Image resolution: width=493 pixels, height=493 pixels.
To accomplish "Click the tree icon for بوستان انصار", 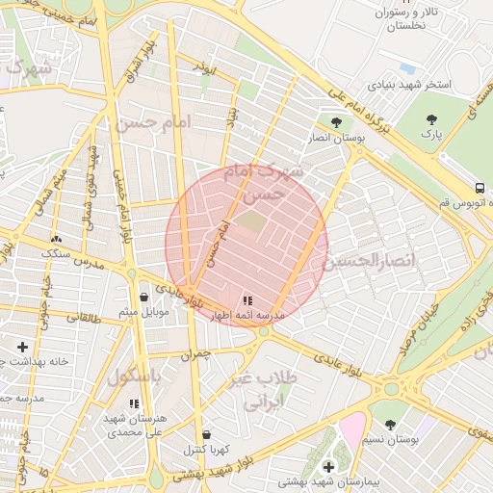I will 335,122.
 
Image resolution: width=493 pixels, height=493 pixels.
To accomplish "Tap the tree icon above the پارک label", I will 431,119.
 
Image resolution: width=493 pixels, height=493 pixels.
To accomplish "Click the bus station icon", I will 480,188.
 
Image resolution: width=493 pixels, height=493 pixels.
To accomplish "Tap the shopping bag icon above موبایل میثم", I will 143,297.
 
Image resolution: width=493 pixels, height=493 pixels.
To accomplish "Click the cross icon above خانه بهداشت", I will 22,346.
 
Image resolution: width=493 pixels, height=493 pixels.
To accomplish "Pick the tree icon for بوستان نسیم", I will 389,424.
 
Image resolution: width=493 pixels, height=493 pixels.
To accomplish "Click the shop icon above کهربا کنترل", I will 206,434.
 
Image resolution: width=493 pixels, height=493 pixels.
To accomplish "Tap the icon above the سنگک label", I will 55,238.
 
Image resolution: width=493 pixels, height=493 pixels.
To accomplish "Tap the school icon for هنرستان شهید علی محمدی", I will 133,403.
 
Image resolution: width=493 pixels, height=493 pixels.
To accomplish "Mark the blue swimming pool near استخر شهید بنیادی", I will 407,69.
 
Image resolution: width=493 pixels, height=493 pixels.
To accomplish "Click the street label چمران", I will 193,354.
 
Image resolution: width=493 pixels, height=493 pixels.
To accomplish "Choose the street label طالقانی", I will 81,316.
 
